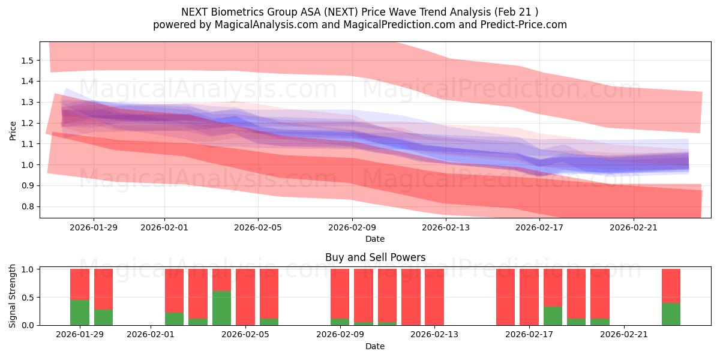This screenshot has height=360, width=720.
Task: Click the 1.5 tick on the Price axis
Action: pos(27,61)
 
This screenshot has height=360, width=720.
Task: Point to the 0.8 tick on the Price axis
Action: pos(27,207)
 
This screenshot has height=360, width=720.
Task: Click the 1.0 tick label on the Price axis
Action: pos(27,165)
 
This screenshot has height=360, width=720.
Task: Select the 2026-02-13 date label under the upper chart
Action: pos(446,227)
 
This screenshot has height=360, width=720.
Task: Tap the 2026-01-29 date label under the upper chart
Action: pos(93,227)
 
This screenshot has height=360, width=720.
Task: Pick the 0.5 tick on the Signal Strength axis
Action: pos(27,298)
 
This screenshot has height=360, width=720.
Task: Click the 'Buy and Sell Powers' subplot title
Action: pos(375,257)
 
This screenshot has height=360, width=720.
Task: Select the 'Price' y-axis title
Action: pos(13,130)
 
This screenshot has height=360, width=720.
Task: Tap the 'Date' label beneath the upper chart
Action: pos(375,239)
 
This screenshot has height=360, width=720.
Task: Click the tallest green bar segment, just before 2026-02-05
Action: pos(222,308)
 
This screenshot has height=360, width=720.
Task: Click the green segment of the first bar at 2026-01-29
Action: pos(80,312)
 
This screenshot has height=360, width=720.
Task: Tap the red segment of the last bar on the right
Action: pos(671,286)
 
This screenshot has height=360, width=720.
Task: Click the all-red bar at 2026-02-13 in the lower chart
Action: pos(434,297)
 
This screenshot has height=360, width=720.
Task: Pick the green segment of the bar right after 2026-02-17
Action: pos(553,316)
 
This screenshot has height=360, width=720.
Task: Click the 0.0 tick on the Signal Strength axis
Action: pos(27,325)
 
